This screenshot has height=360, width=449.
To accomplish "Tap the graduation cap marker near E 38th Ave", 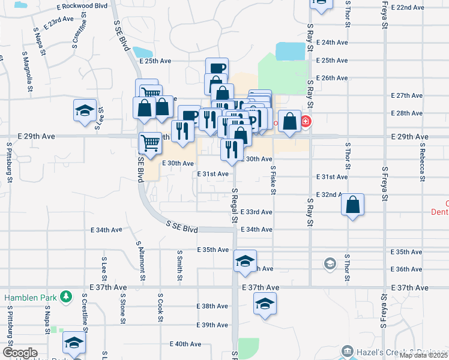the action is (x=265, y=304).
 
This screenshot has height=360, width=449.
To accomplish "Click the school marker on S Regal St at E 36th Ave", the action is (x=245, y=261).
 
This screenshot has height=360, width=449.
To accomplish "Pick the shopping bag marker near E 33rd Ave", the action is (x=353, y=205).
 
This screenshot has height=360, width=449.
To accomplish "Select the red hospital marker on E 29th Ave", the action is (x=306, y=122).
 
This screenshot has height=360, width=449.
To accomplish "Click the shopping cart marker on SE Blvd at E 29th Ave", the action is (x=150, y=143).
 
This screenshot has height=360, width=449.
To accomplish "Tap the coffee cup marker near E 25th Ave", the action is (x=217, y=69).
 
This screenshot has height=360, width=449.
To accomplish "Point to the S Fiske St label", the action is (x=273, y=179).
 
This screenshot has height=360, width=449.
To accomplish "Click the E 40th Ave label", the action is (x=185, y=344).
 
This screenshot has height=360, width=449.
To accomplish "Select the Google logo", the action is (x=20, y=353).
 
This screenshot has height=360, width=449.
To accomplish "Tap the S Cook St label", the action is (x=160, y=307).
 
